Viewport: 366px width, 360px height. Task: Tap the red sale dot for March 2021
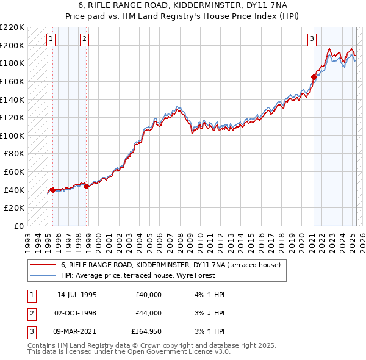[314, 77]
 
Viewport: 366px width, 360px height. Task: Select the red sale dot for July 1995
[52, 190]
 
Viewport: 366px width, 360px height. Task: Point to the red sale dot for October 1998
[86, 186]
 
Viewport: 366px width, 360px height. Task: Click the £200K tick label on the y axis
[12, 45]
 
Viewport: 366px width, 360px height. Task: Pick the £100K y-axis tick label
[12, 135]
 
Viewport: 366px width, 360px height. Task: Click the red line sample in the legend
[43, 265]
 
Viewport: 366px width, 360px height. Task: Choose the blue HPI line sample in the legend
[43, 276]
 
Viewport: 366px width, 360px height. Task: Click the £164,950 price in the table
[146, 332]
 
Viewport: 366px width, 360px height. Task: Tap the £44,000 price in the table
[148, 314]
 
